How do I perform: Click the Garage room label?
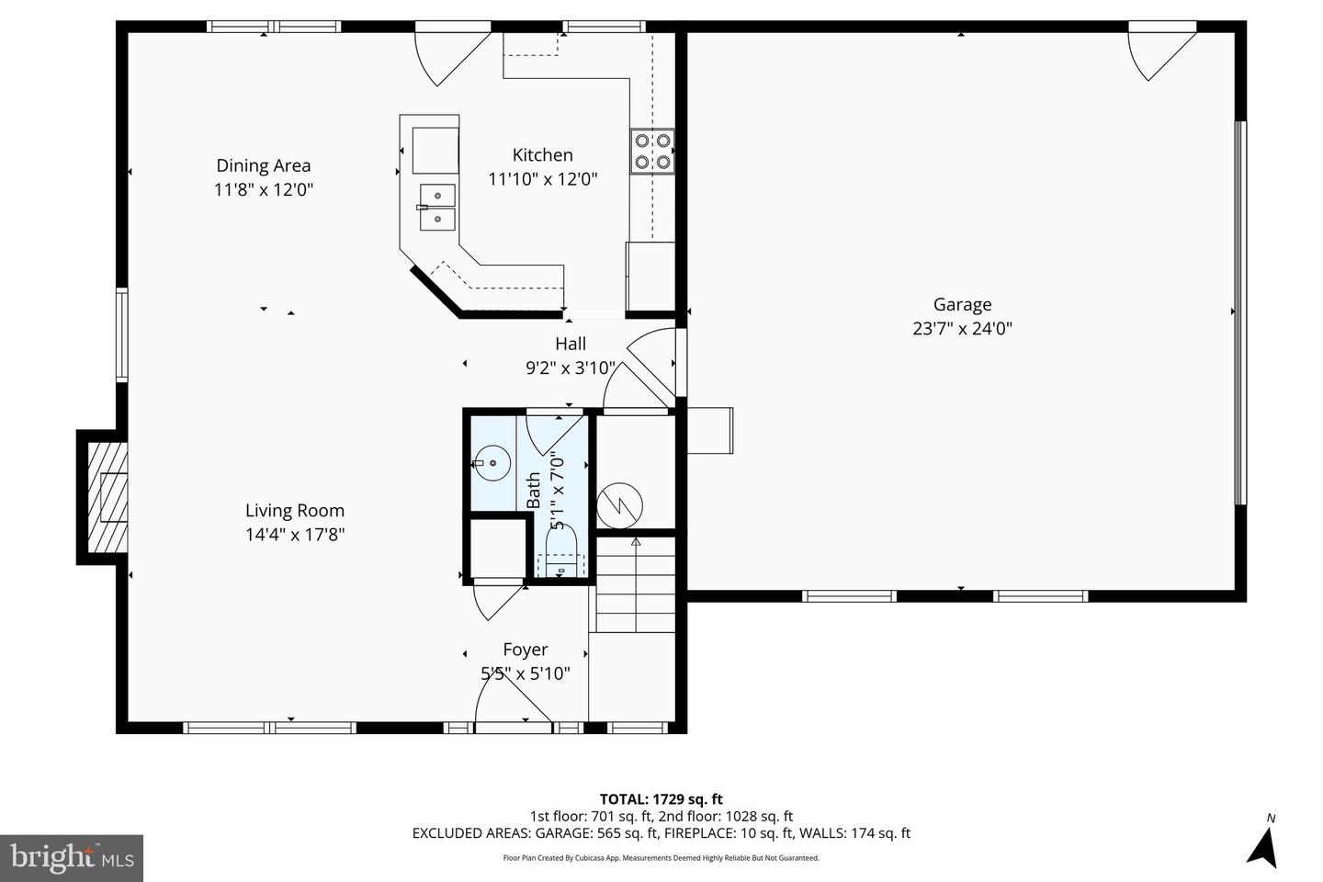point(962,304)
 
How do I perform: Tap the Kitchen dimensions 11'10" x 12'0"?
point(542,179)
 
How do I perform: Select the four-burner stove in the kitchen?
point(651,152)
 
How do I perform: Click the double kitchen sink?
point(436,207)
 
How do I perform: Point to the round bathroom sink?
point(492,464)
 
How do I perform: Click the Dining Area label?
point(264,165)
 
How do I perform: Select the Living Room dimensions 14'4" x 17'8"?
point(294,535)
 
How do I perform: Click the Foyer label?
point(526,650)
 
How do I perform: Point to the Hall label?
point(571,344)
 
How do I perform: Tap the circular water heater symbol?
point(619,504)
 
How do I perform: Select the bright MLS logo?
point(71,858)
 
